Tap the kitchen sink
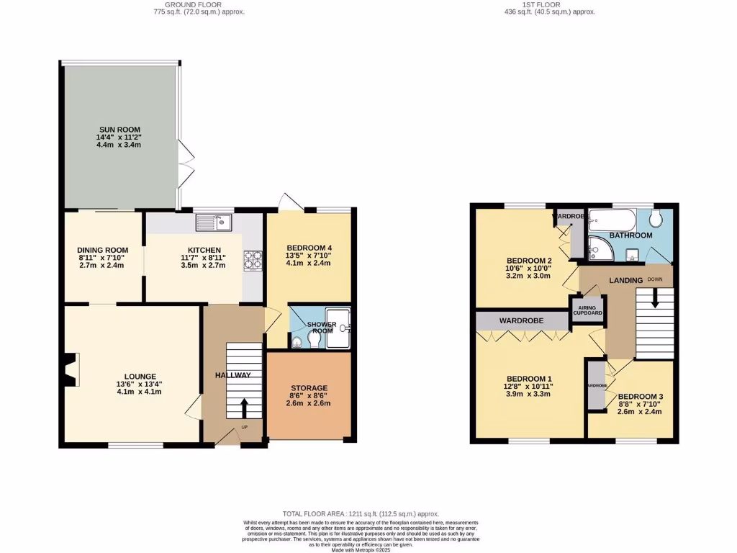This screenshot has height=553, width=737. tap(214, 222)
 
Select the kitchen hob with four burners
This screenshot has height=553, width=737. tap(253, 259)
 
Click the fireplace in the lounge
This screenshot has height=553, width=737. tap(70, 371)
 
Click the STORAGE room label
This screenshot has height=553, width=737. tap(309, 388)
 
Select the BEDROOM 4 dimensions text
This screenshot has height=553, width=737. tap(309, 259)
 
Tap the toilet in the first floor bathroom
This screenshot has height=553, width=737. tap(656, 219)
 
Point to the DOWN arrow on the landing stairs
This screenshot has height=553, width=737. tap(655, 297)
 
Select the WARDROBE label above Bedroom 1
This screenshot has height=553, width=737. tap(517, 320)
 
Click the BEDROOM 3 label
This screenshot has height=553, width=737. tap(640, 397)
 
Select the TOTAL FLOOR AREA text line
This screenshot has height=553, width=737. tap(361, 513)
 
